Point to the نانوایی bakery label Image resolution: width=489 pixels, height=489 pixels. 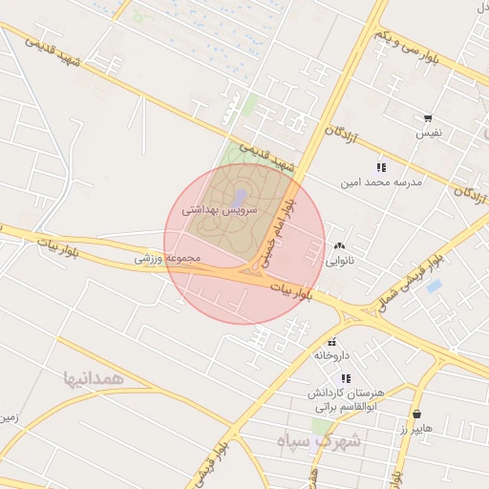pyautogui.click(x=340, y=260)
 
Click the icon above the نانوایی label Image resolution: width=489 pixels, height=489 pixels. pyautogui.click(x=340, y=246)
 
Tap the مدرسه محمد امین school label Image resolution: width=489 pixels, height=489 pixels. pyautogui.click(x=380, y=181)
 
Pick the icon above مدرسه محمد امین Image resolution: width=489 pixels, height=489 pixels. pyautogui.click(x=381, y=167)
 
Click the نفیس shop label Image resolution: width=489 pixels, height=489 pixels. pyautogui.click(x=427, y=133)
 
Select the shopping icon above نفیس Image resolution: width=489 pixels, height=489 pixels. pyautogui.click(x=428, y=119)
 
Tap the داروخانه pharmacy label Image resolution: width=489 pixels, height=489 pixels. pyautogui.click(x=332, y=355)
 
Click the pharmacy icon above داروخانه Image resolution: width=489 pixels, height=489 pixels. pyautogui.click(x=332, y=342)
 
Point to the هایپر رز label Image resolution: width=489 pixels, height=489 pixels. pyautogui.click(x=416, y=429)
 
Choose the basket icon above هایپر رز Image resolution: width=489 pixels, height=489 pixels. pyautogui.click(x=417, y=415)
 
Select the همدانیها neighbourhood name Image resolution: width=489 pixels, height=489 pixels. pyautogui.click(x=94, y=378)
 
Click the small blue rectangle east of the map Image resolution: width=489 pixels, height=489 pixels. pyautogui.click(x=434, y=286)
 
